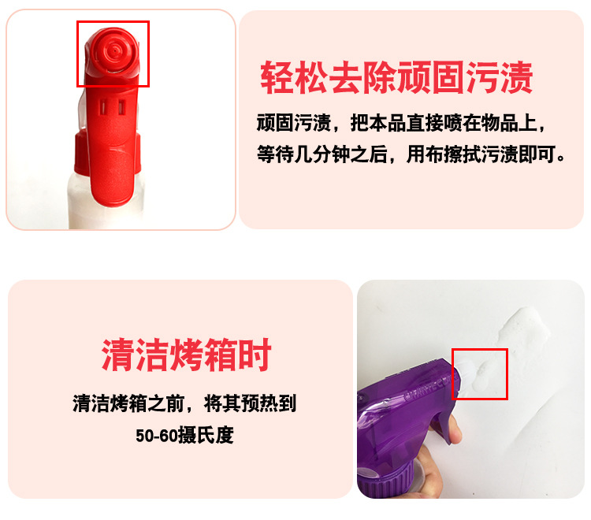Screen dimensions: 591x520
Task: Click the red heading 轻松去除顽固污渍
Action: (x=396, y=78)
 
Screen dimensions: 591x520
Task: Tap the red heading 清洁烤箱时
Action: (x=186, y=355)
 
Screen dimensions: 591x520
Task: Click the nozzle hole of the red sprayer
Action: (x=113, y=50)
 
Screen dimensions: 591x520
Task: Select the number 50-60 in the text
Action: (x=157, y=436)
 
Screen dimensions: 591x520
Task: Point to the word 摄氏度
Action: (x=206, y=435)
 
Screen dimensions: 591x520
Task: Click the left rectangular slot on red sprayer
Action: (x=102, y=107)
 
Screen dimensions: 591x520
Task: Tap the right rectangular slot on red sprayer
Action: (x=121, y=107)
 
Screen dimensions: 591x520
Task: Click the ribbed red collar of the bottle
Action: (x=107, y=154)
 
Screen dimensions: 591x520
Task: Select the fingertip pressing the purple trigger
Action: (x=455, y=433)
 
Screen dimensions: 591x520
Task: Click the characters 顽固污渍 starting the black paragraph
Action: (x=294, y=123)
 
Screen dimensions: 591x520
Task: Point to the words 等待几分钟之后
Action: (x=322, y=154)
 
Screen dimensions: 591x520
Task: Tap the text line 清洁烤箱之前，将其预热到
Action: (x=184, y=403)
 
